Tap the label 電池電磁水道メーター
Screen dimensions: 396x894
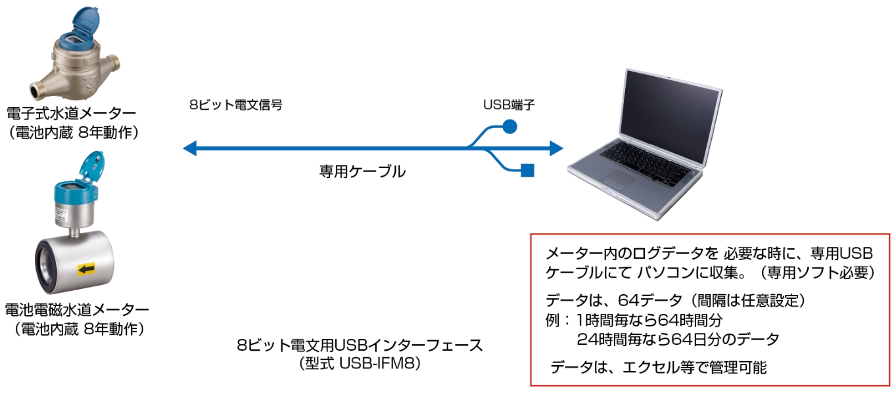click(77, 309)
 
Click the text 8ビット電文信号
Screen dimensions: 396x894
click(235, 105)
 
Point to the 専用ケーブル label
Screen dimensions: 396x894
click(362, 172)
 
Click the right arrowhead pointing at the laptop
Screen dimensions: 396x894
click(557, 149)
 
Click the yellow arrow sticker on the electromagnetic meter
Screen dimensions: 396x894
click(86, 269)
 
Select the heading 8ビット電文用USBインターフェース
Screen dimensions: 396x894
click(360, 345)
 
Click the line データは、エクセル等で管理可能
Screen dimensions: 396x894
click(658, 367)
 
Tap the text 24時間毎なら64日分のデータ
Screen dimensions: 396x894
click(677, 340)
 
